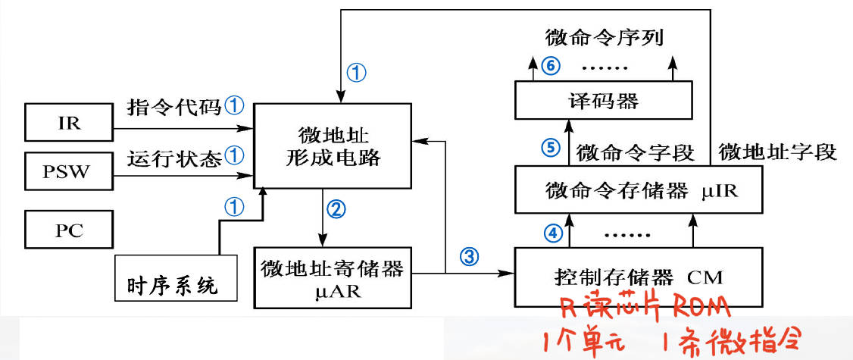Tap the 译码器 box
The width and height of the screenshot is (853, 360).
pos(603,100)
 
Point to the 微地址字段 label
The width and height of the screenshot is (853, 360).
pos(776,152)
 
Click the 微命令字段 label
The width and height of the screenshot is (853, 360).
pos(635,152)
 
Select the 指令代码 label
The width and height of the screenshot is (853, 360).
pos(173,107)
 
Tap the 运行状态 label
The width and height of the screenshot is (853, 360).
pos(173,157)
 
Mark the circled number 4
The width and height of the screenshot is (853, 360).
pos(555,232)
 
